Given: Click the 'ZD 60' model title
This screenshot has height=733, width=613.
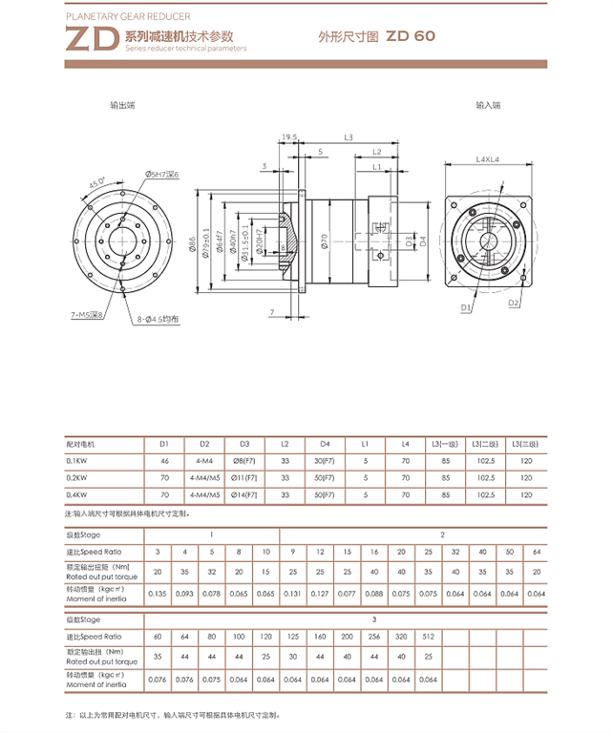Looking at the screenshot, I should point(412,35).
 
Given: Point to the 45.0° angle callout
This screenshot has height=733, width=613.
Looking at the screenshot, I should point(96,182).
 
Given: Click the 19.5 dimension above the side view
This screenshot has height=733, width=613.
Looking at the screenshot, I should point(288,137).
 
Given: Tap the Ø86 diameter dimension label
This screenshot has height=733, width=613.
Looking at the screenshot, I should point(194,245).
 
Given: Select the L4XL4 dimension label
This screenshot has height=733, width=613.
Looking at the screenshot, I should point(487,159).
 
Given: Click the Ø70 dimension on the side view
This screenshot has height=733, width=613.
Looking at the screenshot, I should point(324,241).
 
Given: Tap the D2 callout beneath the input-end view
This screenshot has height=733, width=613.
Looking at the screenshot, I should point(513,303).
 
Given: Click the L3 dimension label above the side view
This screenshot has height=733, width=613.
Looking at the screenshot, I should point(349,137).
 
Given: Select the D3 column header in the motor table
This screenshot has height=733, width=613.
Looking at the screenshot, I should point(244,444).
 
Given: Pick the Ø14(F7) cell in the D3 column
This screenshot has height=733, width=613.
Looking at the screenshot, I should point(244,494).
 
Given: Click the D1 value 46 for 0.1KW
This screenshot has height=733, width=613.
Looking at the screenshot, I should point(164,460).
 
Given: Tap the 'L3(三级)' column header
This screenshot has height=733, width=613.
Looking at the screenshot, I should point(525,444).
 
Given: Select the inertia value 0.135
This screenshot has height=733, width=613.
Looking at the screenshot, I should point(158,594).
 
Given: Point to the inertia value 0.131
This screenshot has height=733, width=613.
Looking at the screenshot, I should point(292,594).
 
